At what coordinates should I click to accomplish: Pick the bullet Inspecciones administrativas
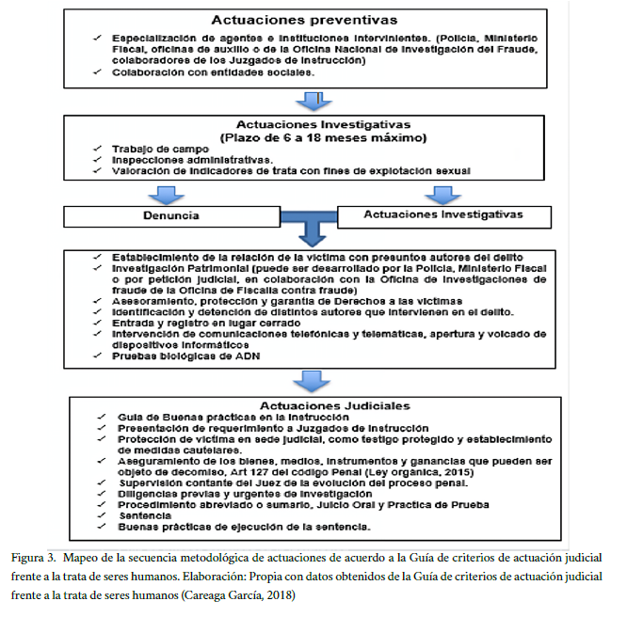pos(179,159)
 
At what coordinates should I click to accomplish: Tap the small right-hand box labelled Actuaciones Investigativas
pos(443,215)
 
